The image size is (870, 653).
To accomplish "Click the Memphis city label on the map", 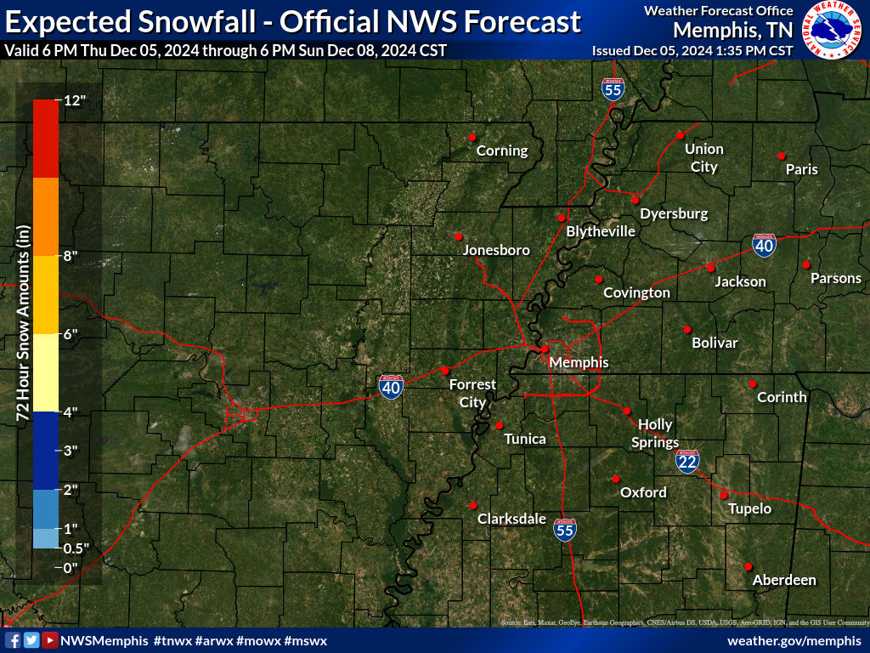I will click(579, 362).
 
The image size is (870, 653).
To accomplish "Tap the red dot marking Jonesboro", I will click(458, 236).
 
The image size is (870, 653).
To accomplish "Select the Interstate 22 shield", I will click(688, 461).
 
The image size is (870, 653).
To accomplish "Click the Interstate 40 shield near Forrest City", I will click(391, 387).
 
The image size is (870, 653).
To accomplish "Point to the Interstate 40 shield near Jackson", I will click(764, 246).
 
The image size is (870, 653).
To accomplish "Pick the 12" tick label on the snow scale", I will click(76, 100).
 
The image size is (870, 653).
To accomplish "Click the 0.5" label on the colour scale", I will click(76, 548).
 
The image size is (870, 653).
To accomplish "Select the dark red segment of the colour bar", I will click(46, 139).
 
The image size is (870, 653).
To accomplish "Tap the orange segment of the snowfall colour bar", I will click(46, 217).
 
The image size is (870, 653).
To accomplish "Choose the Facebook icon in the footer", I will click(13, 640).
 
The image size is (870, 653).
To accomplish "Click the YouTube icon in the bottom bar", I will click(50, 640).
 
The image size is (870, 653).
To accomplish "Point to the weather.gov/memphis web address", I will click(794, 640).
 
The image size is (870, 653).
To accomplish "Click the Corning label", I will click(501, 151).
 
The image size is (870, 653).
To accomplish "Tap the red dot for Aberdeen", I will click(749, 566).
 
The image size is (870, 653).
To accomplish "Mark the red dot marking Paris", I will click(781, 156).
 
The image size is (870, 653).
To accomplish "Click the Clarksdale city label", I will click(511, 519).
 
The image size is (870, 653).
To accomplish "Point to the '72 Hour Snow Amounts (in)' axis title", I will click(23, 323).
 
